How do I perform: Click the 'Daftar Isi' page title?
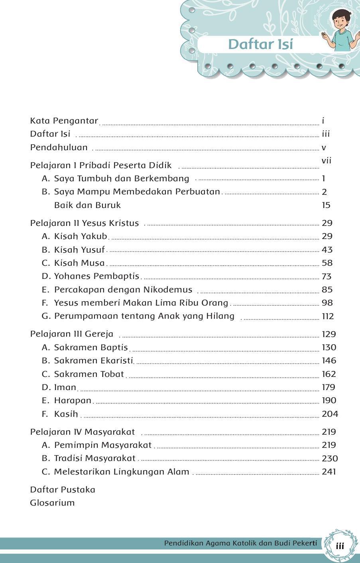point(260,44)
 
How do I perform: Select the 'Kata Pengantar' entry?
point(64,121)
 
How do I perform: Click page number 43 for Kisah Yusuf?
point(327,250)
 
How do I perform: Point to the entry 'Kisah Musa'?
point(79,263)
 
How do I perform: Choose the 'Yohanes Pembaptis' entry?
point(96,276)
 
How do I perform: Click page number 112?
point(328,316)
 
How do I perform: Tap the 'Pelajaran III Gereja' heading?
point(72,334)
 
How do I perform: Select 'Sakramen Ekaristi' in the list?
point(93,361)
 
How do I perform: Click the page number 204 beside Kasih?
point(330,414)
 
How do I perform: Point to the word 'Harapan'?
point(73,400)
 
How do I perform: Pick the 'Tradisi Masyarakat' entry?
point(95,458)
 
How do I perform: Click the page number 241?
point(329,472)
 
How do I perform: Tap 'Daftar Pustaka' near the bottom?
point(63,489)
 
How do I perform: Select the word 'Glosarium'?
point(52,503)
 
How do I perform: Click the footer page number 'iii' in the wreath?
point(340,546)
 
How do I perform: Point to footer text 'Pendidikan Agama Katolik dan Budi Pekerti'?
point(240,543)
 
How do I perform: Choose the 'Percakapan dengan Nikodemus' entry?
point(123,290)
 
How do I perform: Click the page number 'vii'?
point(327,161)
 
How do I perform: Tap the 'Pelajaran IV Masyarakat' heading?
point(83,432)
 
